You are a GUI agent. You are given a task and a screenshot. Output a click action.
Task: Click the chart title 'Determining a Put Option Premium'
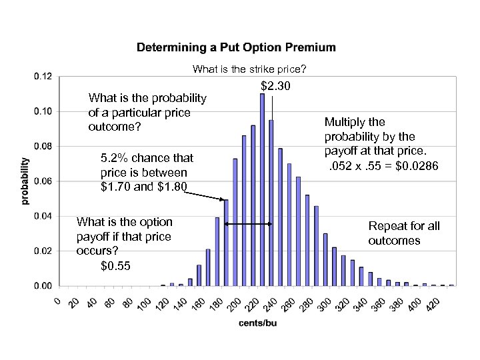click(x=236, y=48)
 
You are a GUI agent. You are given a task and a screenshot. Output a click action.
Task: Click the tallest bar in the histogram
click(x=262, y=190)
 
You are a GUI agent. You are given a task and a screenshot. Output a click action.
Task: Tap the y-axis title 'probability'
click(x=25, y=180)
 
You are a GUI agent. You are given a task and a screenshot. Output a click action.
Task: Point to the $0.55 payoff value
click(x=115, y=267)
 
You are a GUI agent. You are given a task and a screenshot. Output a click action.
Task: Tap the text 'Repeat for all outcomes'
click(x=404, y=233)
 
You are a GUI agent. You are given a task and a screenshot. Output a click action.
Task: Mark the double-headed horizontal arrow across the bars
click(x=249, y=224)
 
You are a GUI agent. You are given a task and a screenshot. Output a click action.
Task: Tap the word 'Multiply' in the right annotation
click(x=345, y=122)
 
